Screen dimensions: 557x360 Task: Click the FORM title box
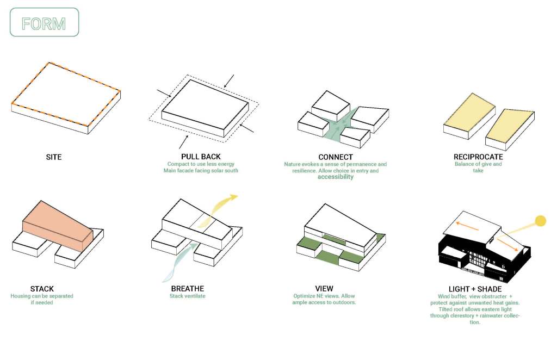pos(45,22)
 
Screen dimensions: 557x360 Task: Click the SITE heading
pos(54,157)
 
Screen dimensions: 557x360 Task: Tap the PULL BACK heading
pos(201,157)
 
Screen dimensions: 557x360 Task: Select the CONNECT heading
pos(336,157)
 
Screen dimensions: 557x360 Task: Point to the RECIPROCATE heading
pos(478,157)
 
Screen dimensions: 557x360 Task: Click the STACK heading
pos(42,289)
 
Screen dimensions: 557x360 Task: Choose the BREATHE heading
pos(188,289)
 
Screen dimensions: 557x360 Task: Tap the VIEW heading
pos(324,289)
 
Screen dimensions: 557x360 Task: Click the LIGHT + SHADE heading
pos(475,289)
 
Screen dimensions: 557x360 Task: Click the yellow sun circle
pos(540,221)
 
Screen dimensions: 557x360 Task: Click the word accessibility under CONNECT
pos(335,177)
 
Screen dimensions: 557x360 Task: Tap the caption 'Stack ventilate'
pos(188,296)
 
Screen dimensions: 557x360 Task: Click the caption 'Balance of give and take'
pos(478,167)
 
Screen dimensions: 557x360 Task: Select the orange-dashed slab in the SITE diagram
pos(66,98)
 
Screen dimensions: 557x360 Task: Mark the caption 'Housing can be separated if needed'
pos(42,299)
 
